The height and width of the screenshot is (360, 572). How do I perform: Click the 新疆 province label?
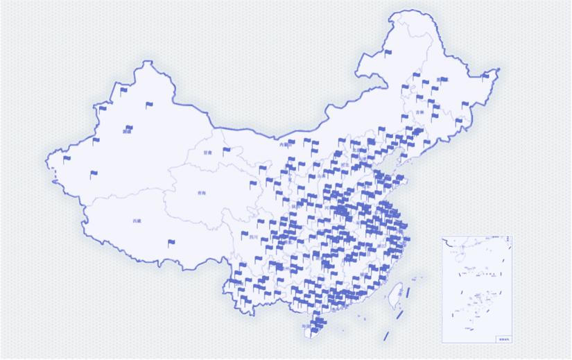click(x=127, y=131)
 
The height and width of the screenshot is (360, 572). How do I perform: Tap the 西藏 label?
click(x=137, y=221)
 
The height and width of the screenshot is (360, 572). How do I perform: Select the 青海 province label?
click(x=201, y=194)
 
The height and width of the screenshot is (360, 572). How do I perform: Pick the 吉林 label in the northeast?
click(x=419, y=112)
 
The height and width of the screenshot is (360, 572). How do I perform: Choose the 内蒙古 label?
click(x=284, y=146)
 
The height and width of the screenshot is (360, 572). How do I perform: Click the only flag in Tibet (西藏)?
click(x=171, y=243)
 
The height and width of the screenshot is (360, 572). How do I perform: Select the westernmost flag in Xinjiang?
click(x=67, y=159)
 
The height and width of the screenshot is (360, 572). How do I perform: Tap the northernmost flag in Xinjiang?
click(x=124, y=89)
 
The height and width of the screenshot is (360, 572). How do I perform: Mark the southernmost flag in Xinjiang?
click(x=93, y=174)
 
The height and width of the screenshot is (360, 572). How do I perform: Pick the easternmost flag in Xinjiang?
click(x=149, y=105)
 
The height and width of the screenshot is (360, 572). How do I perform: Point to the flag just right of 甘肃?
click(x=226, y=151)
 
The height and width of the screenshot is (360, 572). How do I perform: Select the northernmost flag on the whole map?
click(x=387, y=51)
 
